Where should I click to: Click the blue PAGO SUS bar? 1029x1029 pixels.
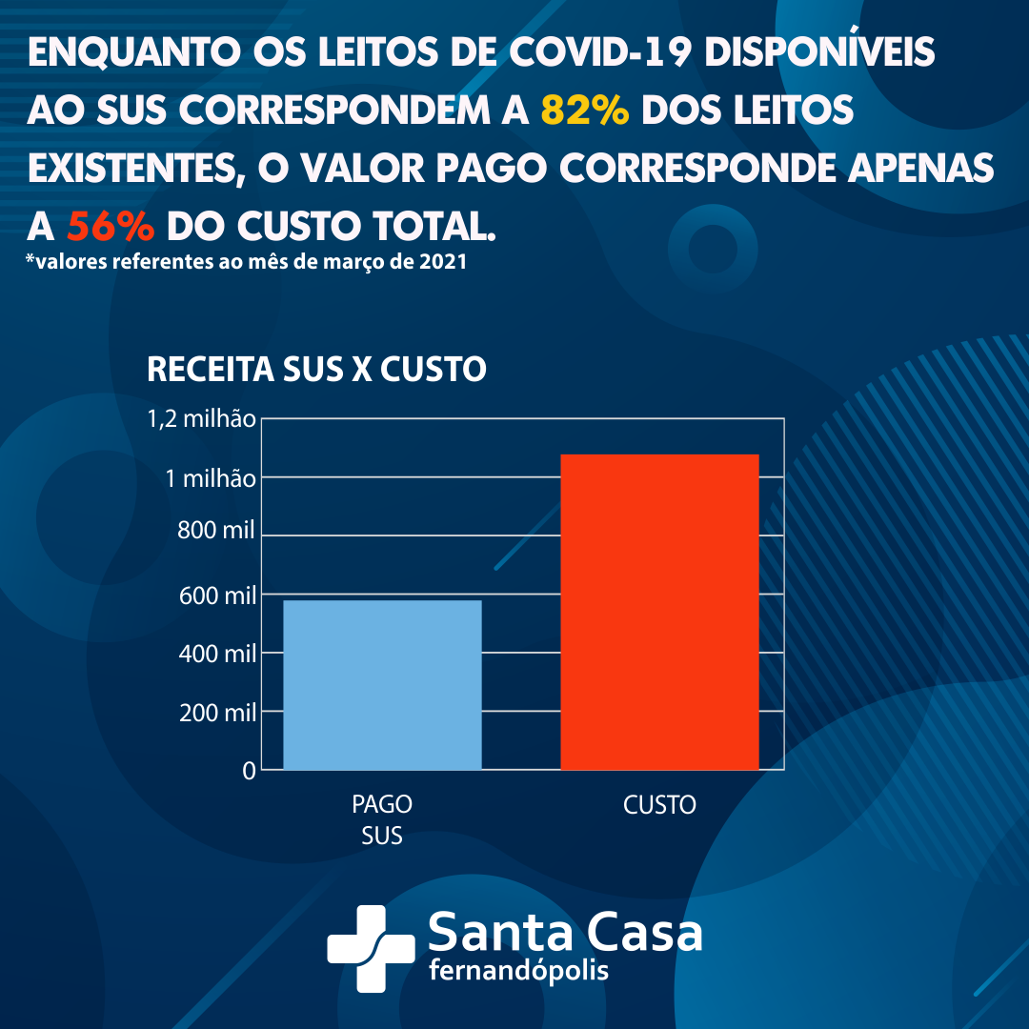tap(382, 684)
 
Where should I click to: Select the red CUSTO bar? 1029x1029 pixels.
tap(659, 612)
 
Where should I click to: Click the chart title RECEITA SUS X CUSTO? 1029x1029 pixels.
tap(316, 370)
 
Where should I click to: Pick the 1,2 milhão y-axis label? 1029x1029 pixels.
tap(201, 419)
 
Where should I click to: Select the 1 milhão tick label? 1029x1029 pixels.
tap(211, 478)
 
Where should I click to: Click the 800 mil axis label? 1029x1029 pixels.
tap(216, 532)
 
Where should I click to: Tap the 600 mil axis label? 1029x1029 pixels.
tap(216, 596)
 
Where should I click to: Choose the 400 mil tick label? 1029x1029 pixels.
tap(216, 655)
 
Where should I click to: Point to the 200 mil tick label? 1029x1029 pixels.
tap(216, 713)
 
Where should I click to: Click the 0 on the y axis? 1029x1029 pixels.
tap(249, 771)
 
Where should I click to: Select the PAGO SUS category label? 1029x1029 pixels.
tap(382, 820)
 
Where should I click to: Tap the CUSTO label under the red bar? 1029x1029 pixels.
tap(659, 805)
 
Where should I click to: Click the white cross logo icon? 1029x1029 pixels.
tap(371, 947)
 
